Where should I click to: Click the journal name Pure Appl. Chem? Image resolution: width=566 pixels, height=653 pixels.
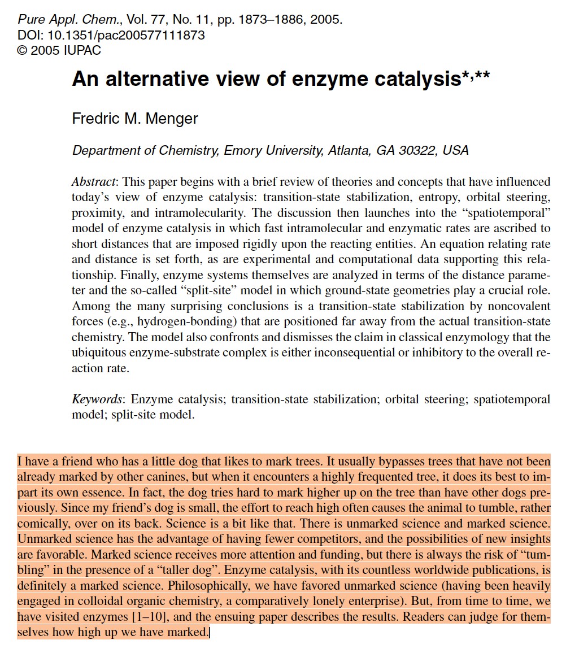coord(60,20)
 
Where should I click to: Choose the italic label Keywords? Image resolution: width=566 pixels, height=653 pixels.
coord(97,399)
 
